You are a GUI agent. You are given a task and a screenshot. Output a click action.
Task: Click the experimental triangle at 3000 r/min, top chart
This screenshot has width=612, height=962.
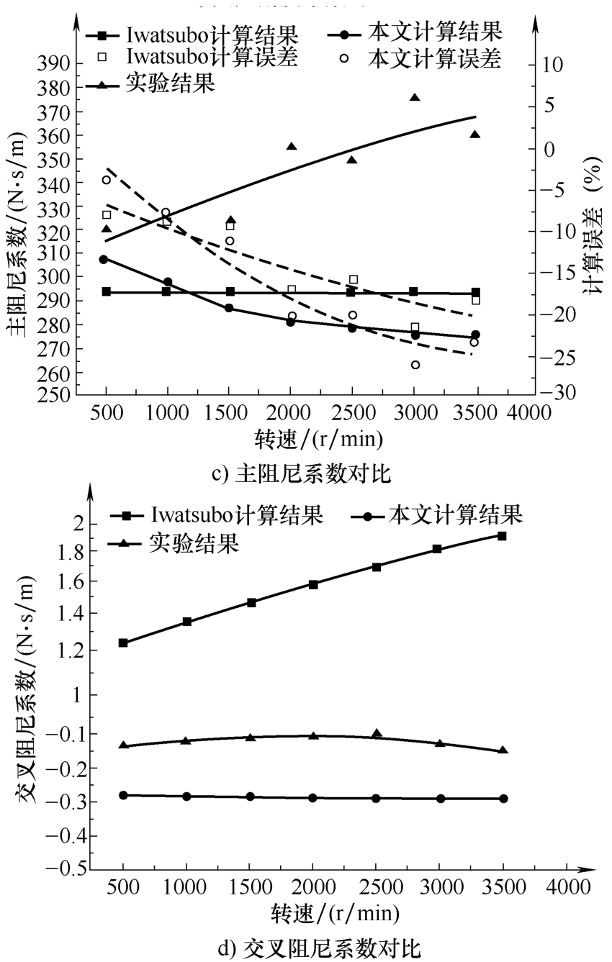tap(415, 97)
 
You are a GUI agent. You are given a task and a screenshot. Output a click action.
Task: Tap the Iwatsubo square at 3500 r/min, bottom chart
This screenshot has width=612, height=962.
tap(502, 535)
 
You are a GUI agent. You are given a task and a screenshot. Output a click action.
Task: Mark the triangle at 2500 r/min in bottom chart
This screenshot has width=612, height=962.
tap(377, 733)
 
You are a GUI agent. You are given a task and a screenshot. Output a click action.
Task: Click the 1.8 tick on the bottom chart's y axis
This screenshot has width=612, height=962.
tap(67, 551)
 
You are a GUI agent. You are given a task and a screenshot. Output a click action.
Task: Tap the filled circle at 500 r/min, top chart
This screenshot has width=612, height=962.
tap(104, 259)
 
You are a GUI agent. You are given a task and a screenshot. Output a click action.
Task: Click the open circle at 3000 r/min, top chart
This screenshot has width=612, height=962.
tap(415, 365)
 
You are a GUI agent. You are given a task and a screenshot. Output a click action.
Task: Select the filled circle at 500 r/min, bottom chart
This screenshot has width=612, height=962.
tap(123, 795)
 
